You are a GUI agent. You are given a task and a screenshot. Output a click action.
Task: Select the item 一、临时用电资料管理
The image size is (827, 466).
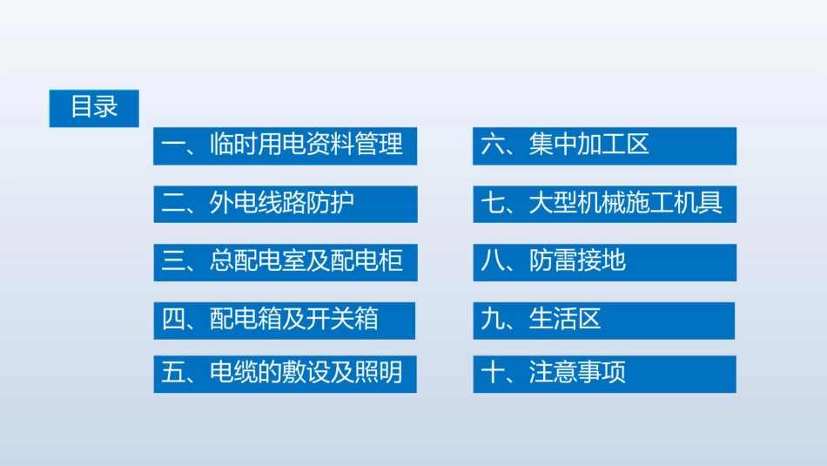click(285, 145)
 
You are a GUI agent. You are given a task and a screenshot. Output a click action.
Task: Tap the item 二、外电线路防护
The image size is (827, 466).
click(285, 204)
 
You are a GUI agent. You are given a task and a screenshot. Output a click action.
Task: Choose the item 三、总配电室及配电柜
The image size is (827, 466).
click(285, 261)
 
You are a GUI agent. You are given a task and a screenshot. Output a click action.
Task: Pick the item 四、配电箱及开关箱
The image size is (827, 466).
click(285, 320)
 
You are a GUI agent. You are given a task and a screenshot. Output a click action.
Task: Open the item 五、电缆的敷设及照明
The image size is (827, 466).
click(285, 374)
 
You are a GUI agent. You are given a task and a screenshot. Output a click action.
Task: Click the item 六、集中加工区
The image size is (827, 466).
click(604, 145)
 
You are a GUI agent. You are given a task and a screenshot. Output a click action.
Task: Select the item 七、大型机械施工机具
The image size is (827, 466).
click(604, 204)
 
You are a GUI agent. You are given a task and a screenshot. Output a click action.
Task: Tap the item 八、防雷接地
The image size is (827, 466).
click(604, 261)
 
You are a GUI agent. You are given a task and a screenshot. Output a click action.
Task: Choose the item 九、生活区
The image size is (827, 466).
click(604, 320)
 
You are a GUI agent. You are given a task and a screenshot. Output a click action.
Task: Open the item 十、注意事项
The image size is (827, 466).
click(604, 374)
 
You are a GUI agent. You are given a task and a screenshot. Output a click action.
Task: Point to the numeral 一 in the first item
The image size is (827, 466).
click(173, 145)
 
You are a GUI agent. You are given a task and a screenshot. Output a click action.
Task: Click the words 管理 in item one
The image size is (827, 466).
click(380, 145)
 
